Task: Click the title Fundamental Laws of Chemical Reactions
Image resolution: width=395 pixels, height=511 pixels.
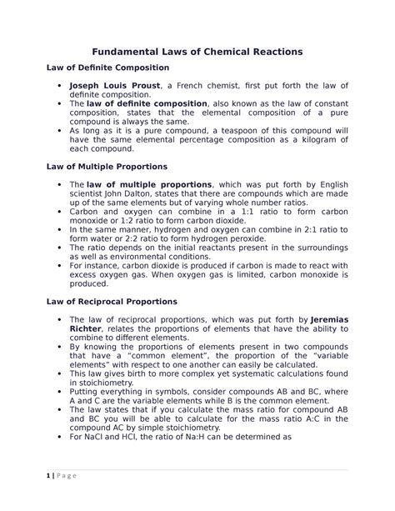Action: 197,53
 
